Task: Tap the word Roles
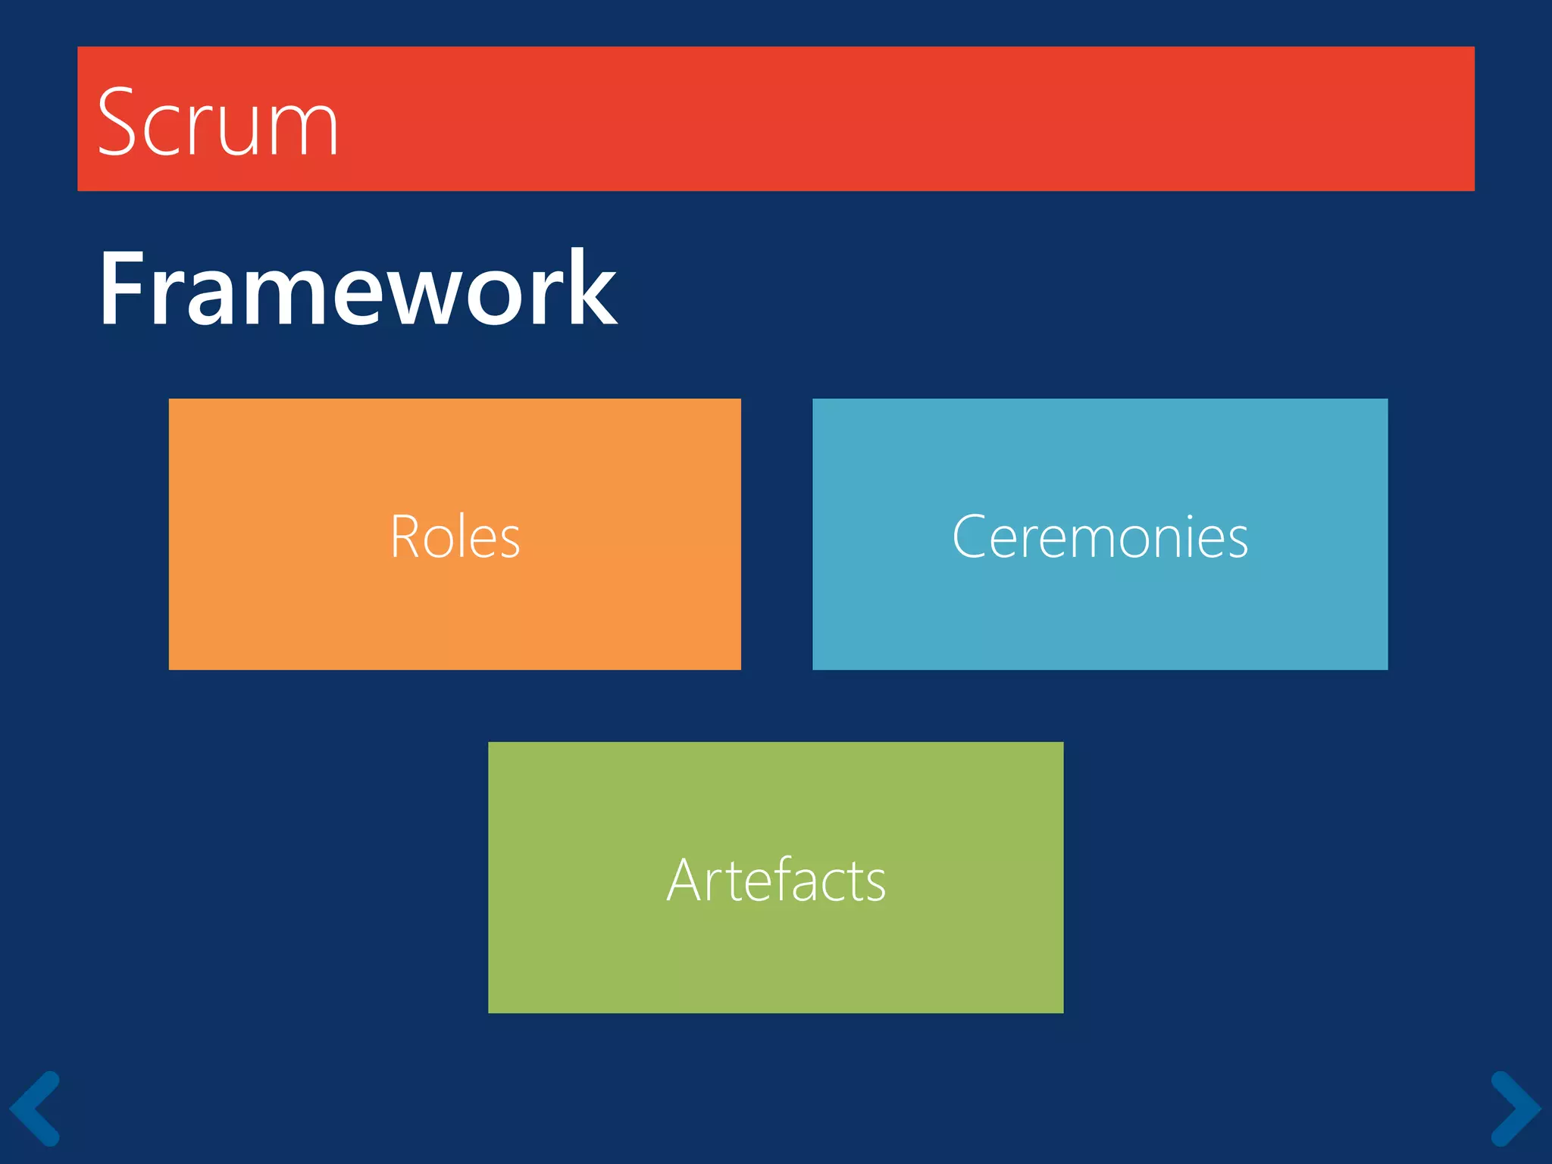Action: [x=455, y=537]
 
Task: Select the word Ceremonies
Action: [x=1100, y=537]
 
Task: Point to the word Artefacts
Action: [x=776, y=880]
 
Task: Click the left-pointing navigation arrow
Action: [x=35, y=1108]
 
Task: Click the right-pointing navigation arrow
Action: [x=1516, y=1108]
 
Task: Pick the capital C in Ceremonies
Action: [x=969, y=537]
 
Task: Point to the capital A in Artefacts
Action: [x=686, y=880]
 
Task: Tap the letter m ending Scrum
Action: [x=306, y=130]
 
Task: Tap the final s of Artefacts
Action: [x=875, y=887]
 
